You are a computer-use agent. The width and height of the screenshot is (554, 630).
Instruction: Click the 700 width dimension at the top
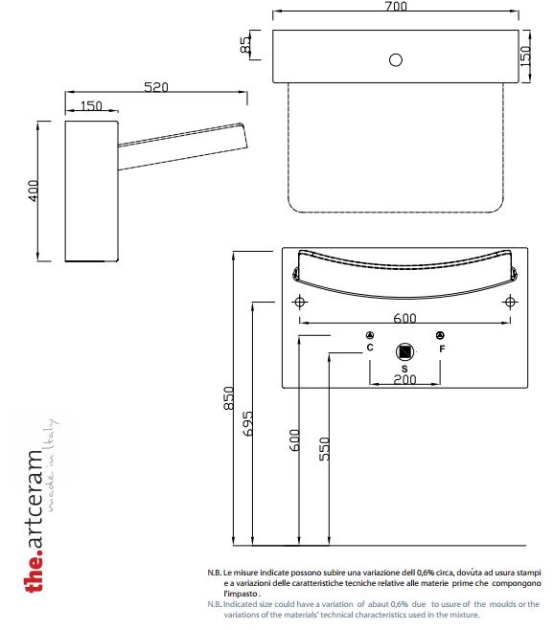396,6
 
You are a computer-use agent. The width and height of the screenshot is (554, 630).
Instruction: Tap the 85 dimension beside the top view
245,45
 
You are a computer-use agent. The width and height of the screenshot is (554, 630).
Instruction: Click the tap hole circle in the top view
396,60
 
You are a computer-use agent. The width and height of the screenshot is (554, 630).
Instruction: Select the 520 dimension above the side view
156,87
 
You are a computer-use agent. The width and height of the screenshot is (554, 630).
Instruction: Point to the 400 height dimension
33,191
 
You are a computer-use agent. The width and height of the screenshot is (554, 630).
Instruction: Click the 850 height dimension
228,398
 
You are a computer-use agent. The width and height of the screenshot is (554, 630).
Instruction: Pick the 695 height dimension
248,423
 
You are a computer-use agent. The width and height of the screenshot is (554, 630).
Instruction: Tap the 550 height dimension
324,449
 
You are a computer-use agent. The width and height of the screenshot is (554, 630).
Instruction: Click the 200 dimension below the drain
404,379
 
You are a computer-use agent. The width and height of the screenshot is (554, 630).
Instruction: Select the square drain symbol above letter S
404,352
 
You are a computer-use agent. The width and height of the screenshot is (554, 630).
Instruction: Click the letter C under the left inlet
370,348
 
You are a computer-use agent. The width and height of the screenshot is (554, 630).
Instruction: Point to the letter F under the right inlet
442,349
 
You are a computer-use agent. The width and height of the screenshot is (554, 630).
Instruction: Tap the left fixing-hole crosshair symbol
299,302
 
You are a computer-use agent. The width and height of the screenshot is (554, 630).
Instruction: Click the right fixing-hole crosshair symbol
510,302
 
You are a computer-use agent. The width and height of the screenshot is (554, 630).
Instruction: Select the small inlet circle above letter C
370,335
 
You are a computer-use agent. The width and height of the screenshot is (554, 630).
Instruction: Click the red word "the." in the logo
34,573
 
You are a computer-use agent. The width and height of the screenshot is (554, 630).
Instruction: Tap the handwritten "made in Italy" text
51,465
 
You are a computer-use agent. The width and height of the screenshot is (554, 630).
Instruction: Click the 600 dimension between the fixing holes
404,318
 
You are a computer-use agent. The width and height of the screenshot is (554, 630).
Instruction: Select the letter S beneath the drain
404,369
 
